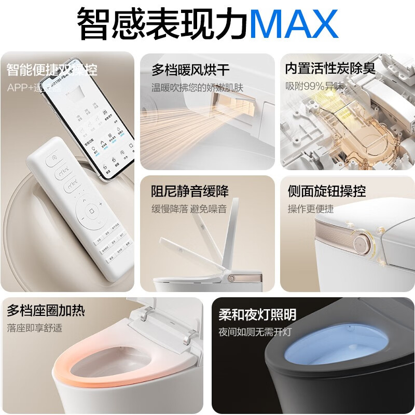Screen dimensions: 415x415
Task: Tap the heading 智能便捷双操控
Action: (52, 70)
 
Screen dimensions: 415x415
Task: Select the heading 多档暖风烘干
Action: (190, 70)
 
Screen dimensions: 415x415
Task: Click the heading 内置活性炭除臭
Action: (330, 68)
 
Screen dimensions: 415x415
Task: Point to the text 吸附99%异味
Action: (313, 86)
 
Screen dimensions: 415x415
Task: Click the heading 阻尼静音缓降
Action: (190, 191)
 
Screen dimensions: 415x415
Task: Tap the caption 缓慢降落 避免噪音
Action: (189, 209)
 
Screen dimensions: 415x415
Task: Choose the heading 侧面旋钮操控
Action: (327, 191)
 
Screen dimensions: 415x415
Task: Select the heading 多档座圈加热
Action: (46, 311)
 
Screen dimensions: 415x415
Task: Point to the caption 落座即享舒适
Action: (34, 328)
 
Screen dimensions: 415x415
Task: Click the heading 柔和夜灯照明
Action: (257, 314)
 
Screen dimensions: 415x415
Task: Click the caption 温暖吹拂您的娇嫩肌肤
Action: (197, 88)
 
